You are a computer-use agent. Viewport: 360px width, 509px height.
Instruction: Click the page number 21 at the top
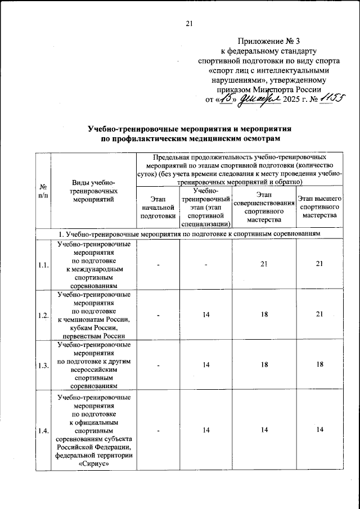pyautogui.click(x=189, y=23)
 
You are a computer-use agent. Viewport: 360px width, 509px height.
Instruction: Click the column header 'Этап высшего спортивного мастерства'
pyautogui.click(x=319, y=207)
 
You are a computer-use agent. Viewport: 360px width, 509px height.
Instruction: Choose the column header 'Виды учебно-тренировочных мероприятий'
pyautogui.click(x=93, y=191)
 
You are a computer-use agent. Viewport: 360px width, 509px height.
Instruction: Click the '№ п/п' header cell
pyautogui.click(x=43, y=191)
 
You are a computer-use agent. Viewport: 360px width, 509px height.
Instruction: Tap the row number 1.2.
pyautogui.click(x=43, y=316)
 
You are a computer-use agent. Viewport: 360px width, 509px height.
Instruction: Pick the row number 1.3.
pyautogui.click(x=43, y=366)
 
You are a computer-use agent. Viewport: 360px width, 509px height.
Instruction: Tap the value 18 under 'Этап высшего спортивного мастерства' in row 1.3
pyautogui.click(x=319, y=365)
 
